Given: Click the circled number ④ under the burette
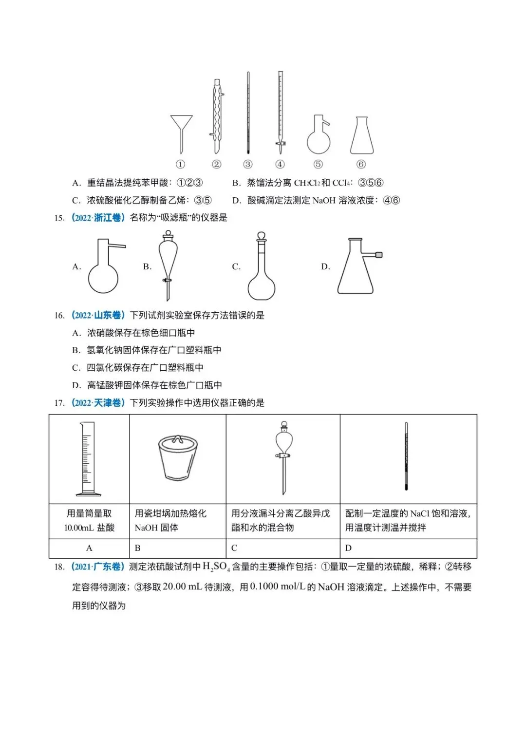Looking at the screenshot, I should tap(280, 164).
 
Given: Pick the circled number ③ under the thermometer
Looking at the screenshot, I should tap(248, 164).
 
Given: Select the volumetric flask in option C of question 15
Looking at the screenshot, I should tap(262, 273).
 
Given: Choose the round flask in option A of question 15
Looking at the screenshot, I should tap(103, 273).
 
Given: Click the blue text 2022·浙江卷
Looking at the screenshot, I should tap(98, 218).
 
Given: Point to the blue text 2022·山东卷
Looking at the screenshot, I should tap(98, 315).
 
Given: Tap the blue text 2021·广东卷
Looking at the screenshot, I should tap(98, 567).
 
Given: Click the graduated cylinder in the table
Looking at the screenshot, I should tap(88, 458).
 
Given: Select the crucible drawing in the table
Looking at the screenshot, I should tap(178, 458).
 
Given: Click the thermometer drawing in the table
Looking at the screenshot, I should tap(406, 456).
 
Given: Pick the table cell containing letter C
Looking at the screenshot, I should tap(282, 548).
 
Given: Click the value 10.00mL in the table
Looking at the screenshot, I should tap(79, 528).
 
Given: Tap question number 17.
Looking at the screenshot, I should tap(59, 403).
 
